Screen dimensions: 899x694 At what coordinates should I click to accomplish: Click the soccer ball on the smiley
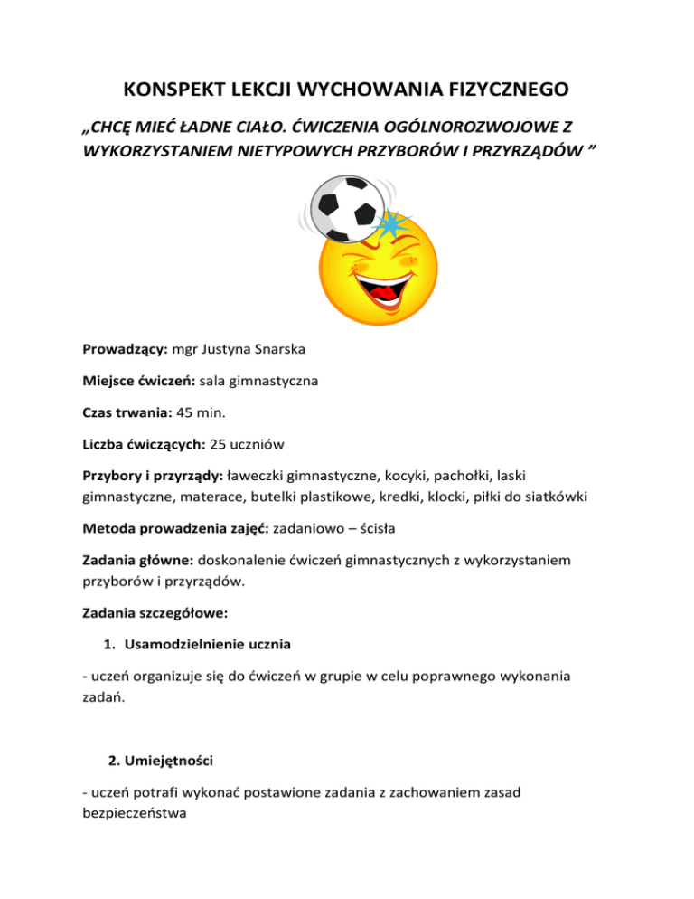(x=344, y=206)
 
